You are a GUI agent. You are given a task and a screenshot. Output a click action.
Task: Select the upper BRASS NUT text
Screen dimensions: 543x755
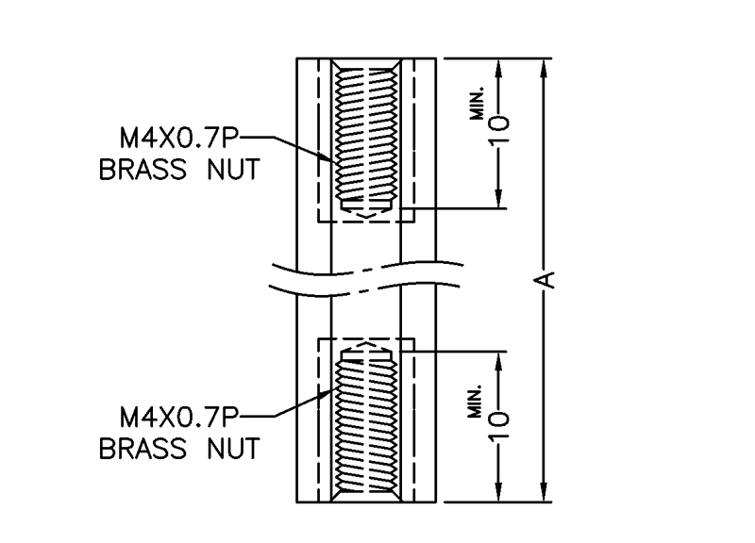[x=179, y=173]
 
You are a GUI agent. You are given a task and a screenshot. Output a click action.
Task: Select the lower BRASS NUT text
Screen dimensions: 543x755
[x=179, y=448]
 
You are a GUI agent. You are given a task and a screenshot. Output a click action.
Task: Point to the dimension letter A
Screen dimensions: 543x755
[x=545, y=278]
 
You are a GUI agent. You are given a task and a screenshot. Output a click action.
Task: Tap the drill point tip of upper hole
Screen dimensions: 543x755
[x=366, y=218]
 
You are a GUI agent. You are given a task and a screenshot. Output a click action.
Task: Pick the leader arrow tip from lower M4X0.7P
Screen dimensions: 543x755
[x=333, y=389]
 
